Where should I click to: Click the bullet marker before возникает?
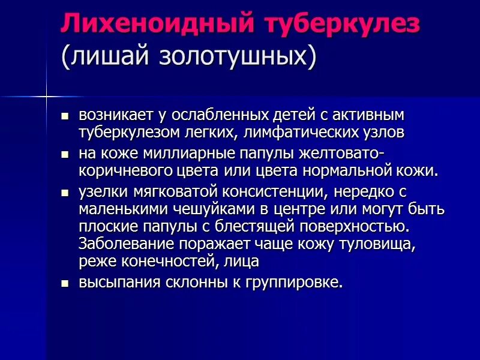click(65, 115)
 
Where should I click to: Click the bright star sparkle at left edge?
click(46, 96)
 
